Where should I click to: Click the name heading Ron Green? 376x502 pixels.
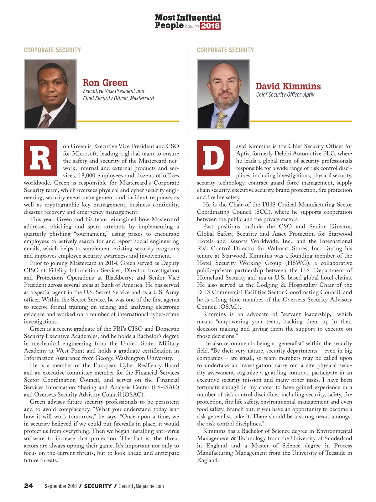105,83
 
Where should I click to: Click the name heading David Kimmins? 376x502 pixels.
288,86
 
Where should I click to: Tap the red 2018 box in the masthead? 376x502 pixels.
210,26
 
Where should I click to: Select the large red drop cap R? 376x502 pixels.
40,158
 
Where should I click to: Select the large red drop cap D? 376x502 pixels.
213,158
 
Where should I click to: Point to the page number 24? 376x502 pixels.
29,486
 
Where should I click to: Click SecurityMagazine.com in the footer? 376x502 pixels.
141,486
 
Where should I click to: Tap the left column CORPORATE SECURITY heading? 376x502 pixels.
52,50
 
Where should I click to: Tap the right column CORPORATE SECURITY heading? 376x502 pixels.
225,50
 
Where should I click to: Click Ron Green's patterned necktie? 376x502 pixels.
45,121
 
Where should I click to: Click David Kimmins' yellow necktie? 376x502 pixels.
221,120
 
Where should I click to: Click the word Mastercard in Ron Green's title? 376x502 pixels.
142,98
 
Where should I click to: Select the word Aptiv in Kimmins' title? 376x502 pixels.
309,94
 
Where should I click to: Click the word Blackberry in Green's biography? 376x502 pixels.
120,278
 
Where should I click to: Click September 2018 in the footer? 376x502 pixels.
60,486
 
